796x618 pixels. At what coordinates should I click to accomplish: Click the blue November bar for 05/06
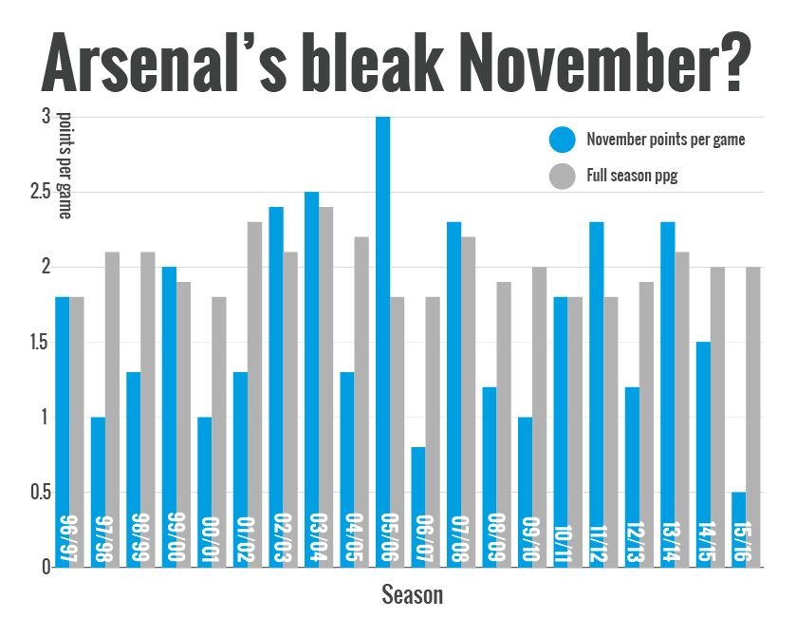(382, 342)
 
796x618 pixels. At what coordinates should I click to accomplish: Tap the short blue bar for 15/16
(739, 529)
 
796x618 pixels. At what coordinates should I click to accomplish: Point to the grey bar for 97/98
(112, 409)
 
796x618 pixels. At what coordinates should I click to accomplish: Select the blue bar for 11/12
(597, 394)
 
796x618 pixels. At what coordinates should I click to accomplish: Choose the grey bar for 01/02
(254, 394)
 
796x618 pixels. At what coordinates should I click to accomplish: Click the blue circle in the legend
(562, 140)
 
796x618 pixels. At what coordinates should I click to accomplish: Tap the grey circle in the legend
(562, 176)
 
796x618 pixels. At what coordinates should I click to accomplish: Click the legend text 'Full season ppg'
(632, 176)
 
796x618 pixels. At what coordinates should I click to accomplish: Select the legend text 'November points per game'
(665, 140)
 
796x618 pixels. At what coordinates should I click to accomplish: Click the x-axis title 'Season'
(412, 595)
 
